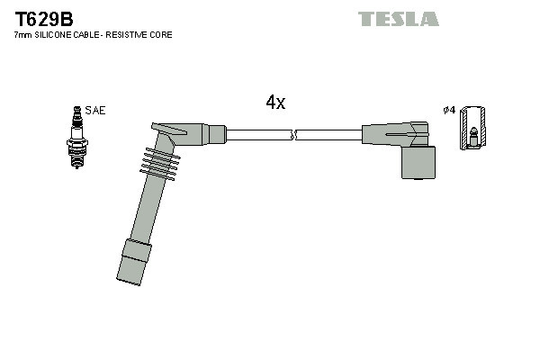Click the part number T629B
pyautogui.click(x=44, y=19)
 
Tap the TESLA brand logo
pyautogui.click(x=398, y=19)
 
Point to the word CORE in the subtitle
pyautogui.click(x=161, y=35)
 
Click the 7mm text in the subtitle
pyautogui.click(x=22, y=35)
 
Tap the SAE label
pyautogui.click(x=96, y=111)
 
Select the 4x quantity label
pyautogui.click(x=275, y=103)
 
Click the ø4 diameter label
pyautogui.click(x=448, y=111)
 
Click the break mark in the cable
pyautogui.click(x=293, y=135)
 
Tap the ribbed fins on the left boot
pyautogui.click(x=160, y=163)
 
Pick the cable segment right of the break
pyautogui.click(x=328, y=135)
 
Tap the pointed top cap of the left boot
pyautogui.click(x=168, y=130)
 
